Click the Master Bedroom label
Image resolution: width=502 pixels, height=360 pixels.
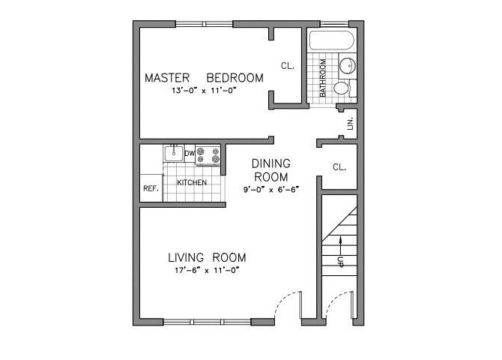click(204, 77)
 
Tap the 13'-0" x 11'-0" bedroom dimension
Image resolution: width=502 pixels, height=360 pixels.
click(204, 91)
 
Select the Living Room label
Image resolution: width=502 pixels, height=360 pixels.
click(204, 257)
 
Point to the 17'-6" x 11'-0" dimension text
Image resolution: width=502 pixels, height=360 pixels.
click(204, 270)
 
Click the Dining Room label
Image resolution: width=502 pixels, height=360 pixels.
click(270, 169)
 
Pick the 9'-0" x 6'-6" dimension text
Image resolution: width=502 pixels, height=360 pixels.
click(270, 189)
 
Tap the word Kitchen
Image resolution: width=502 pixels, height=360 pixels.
click(191, 183)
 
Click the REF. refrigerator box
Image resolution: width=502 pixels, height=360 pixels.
click(151, 188)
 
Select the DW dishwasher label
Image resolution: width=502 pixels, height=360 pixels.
click(190, 152)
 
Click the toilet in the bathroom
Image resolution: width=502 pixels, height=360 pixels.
click(342, 88)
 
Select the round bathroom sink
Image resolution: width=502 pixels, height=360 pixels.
click(348, 67)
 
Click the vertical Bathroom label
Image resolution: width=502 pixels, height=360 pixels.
click(322, 78)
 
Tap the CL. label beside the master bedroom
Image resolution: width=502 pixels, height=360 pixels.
click(288, 66)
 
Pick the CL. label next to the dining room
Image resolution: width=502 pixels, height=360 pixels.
click(339, 167)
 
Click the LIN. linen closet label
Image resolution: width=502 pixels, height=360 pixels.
click(350, 122)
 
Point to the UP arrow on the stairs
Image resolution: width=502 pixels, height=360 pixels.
click(339, 252)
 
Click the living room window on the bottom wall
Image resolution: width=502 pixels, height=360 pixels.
click(207, 322)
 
